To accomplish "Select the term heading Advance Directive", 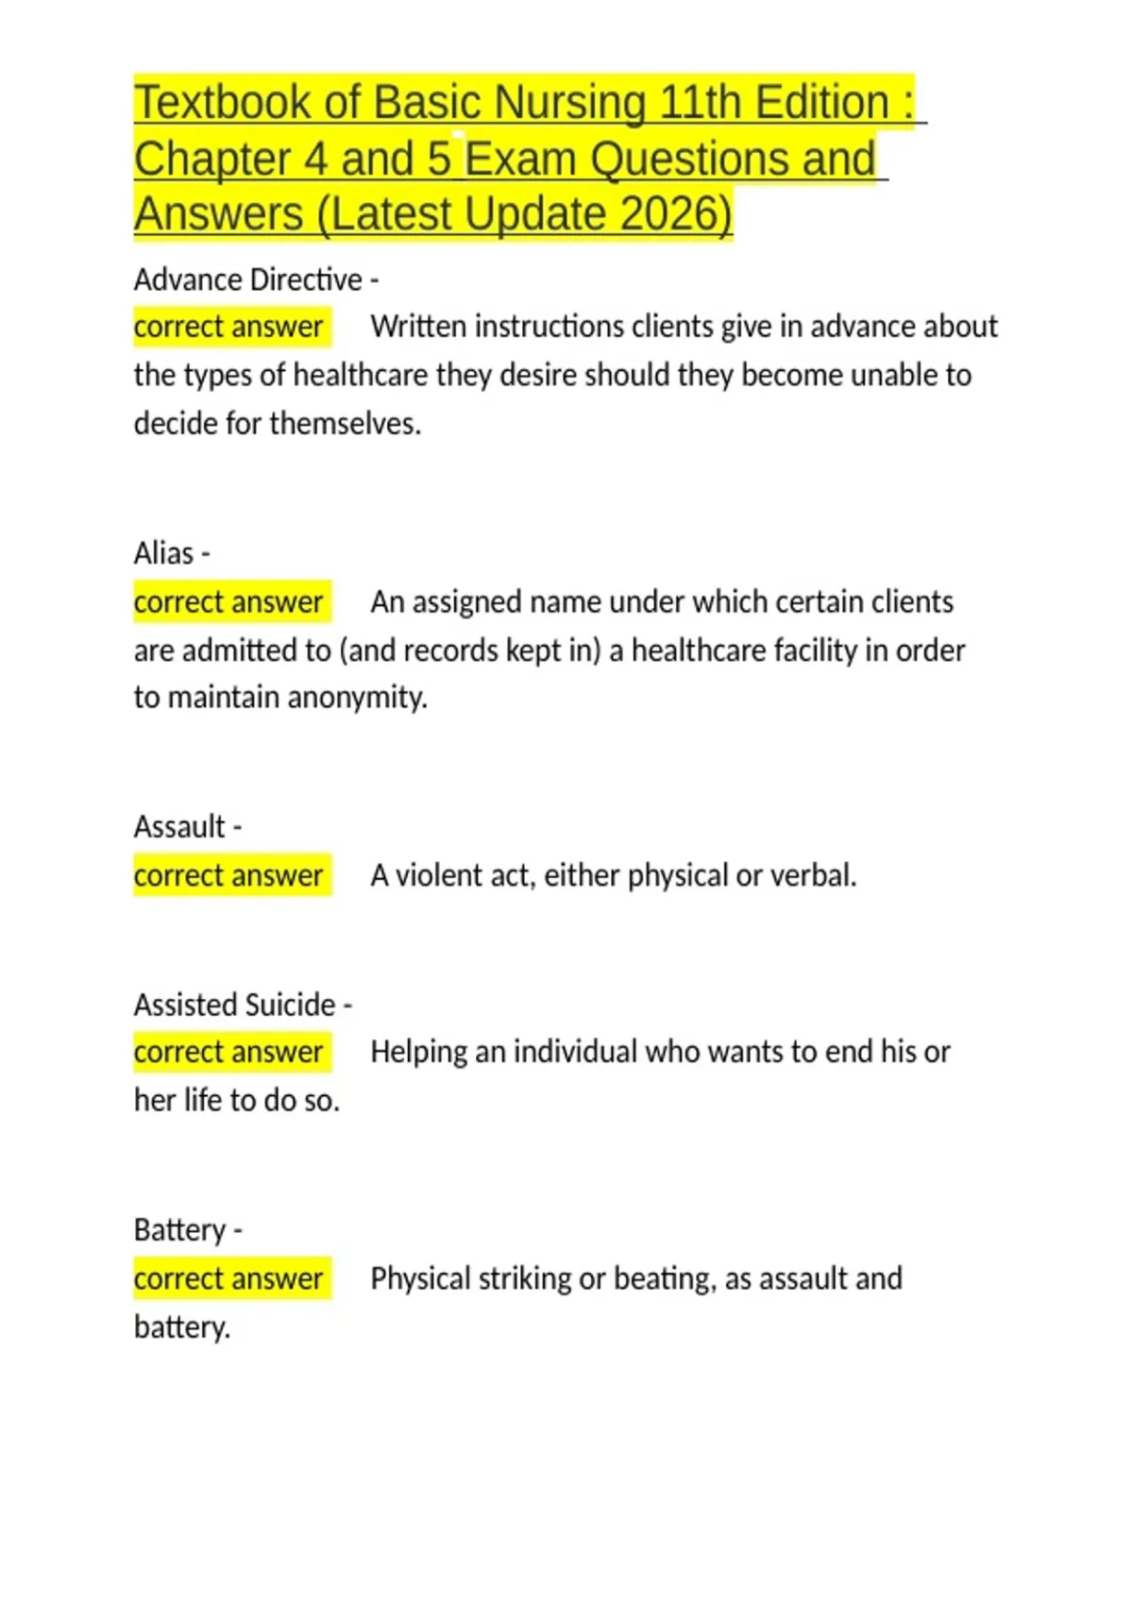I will click(248, 279).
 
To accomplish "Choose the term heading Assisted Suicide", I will click(235, 1005).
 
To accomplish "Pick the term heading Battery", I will click(180, 1230).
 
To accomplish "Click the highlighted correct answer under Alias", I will click(228, 601).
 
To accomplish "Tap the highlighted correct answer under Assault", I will click(228, 875).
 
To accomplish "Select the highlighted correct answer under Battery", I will click(228, 1278).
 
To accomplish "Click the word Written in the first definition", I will click(418, 327).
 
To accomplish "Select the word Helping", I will click(418, 1052).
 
